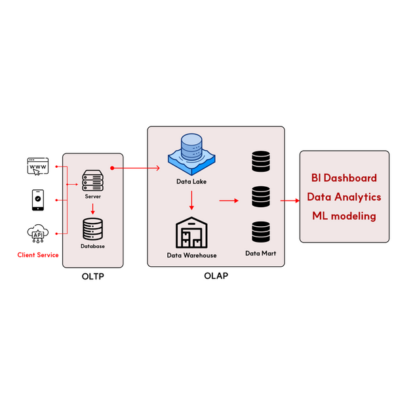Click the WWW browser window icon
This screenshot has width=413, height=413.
[38, 167]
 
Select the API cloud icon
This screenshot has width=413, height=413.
[37, 233]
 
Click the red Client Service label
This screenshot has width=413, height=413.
[38, 255]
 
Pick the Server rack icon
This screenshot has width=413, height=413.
[92, 179]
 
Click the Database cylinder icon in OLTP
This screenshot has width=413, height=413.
[92, 229]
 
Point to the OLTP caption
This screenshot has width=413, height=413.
[92, 277]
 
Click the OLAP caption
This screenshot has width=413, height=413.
[216, 276]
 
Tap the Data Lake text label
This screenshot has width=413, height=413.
[191, 182]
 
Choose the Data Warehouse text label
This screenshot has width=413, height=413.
[191, 255]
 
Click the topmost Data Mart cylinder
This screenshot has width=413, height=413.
[260, 161]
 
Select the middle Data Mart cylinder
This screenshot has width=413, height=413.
[260, 196]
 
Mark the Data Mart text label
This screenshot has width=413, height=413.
[260, 253]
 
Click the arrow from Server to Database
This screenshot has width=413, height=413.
[92, 208]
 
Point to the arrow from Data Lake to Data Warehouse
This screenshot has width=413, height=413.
[191, 200]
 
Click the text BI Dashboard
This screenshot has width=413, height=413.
[344, 178]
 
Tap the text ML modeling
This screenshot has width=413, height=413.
[344, 216]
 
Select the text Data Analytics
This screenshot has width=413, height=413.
[344, 197]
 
